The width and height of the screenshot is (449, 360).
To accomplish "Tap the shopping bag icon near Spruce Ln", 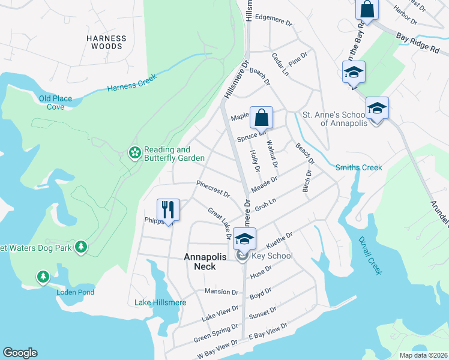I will tap(261, 117).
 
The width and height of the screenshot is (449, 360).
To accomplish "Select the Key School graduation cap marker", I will tap(244, 238).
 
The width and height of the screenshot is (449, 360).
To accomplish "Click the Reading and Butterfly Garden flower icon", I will tap(134, 154).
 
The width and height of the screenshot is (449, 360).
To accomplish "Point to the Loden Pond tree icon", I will tap(43, 277).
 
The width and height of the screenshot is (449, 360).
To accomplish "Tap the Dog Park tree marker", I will tap(81, 247).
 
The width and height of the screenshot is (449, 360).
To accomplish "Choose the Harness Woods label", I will tap(106, 41).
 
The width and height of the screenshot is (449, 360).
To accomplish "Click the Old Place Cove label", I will tap(55, 103).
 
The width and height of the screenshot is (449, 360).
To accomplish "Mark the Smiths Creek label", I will tap(358, 167).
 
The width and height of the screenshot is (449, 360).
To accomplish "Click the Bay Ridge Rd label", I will tap(418, 43).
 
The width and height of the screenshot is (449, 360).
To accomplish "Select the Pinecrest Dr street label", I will tap(213, 189).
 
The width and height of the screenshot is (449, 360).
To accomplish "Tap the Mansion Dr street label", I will tap(221, 292).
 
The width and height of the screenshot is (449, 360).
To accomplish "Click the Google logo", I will tap(20, 353).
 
